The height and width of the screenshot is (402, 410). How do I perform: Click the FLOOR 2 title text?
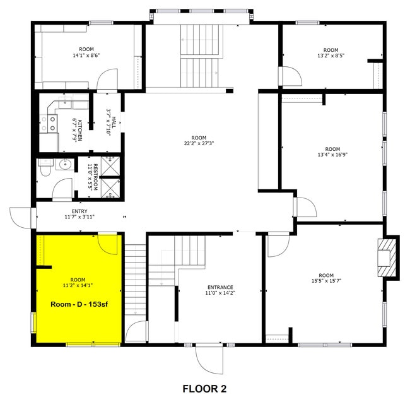[x=204, y=389]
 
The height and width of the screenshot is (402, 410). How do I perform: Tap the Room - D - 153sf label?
[x=78, y=304]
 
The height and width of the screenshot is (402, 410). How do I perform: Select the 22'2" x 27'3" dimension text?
[x=199, y=143]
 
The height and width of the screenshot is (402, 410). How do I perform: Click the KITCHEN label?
[x=79, y=130]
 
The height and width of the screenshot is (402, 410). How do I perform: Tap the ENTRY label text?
[x=79, y=211]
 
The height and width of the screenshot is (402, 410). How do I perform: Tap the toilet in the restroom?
[x=44, y=168]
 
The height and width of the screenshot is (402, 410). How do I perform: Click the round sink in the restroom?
[x=64, y=165]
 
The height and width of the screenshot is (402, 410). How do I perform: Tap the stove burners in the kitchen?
[x=45, y=123]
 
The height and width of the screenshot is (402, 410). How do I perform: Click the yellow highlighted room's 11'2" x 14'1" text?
[x=78, y=285]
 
